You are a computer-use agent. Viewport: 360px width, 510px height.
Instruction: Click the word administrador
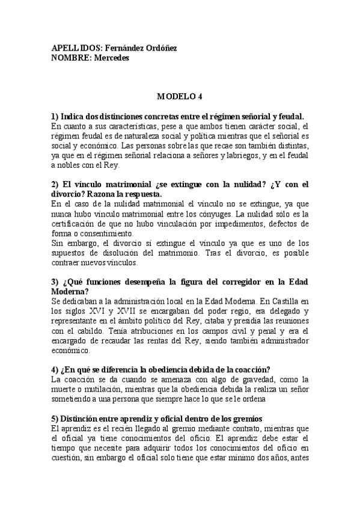tap(281, 340)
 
